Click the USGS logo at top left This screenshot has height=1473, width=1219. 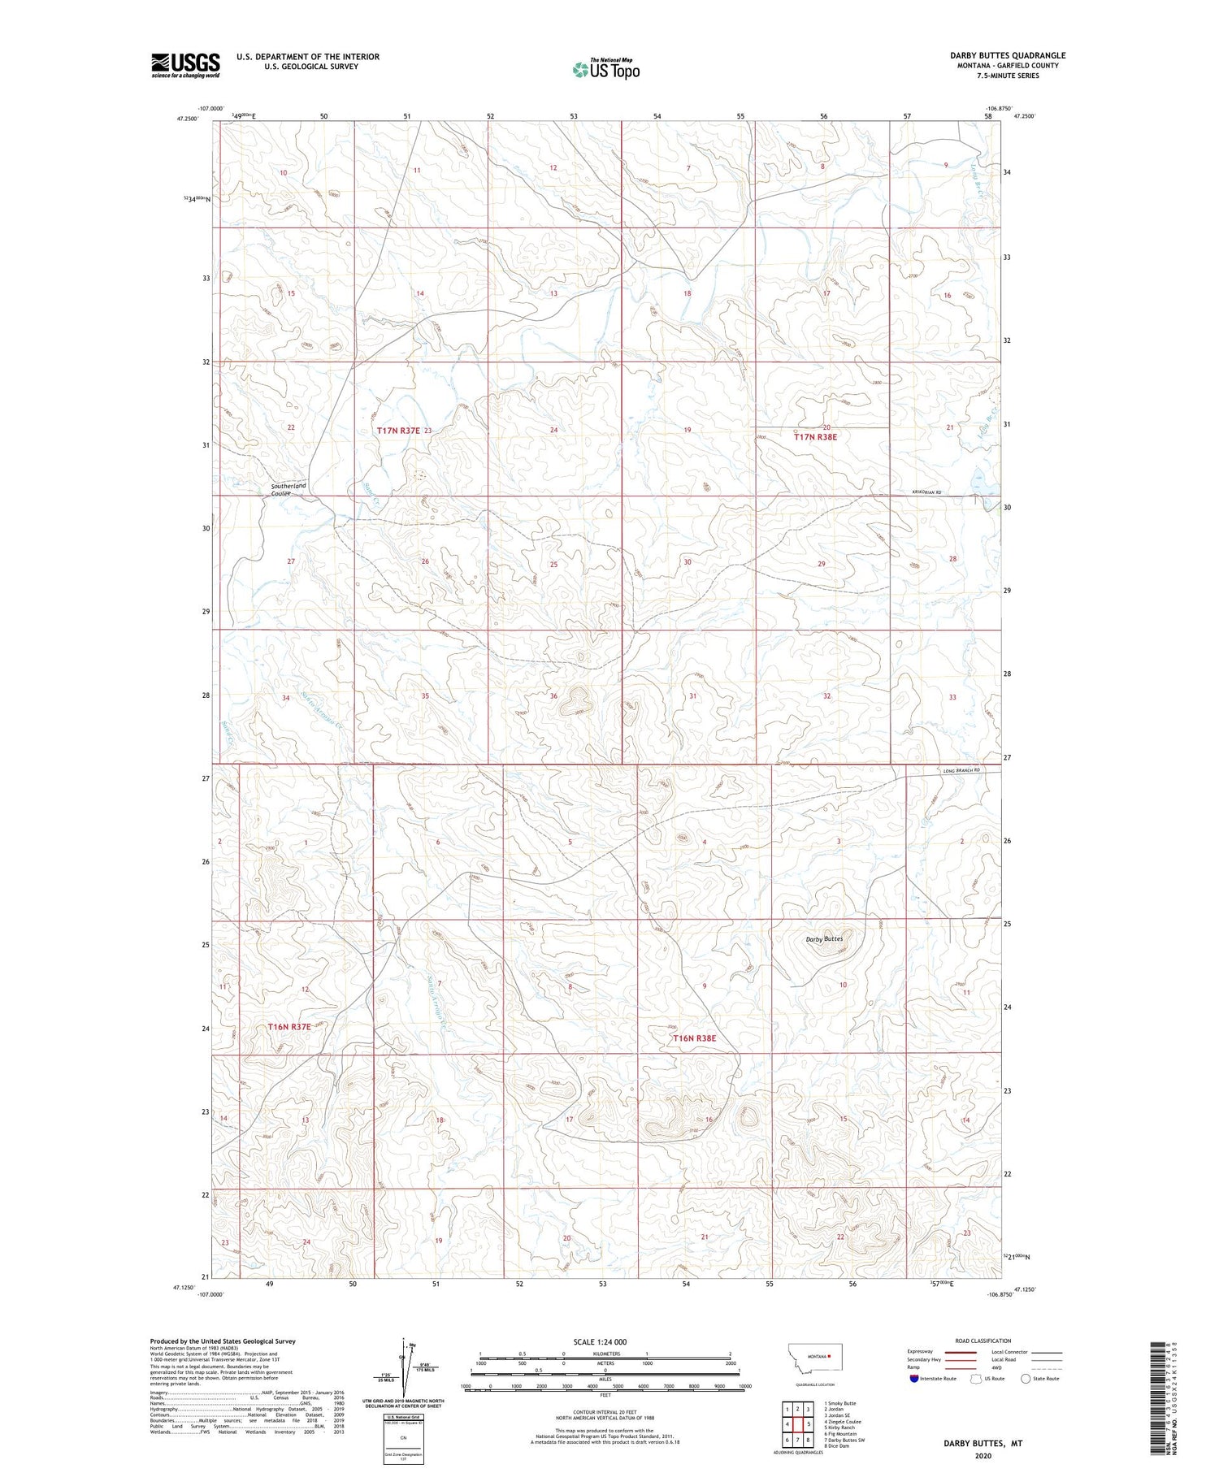(x=185, y=65)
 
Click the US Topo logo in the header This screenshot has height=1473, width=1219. (x=605, y=69)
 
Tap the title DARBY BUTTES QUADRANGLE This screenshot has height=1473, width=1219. (x=1008, y=55)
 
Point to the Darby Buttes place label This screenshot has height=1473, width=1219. (x=824, y=939)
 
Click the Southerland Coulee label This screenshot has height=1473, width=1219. (x=288, y=489)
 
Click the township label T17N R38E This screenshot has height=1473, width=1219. (x=815, y=437)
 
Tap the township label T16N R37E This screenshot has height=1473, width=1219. (x=289, y=1027)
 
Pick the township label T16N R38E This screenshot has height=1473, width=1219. (x=694, y=1038)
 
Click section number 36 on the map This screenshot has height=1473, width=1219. (x=553, y=696)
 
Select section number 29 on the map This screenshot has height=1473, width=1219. (x=821, y=563)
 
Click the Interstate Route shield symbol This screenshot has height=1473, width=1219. (x=914, y=1379)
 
